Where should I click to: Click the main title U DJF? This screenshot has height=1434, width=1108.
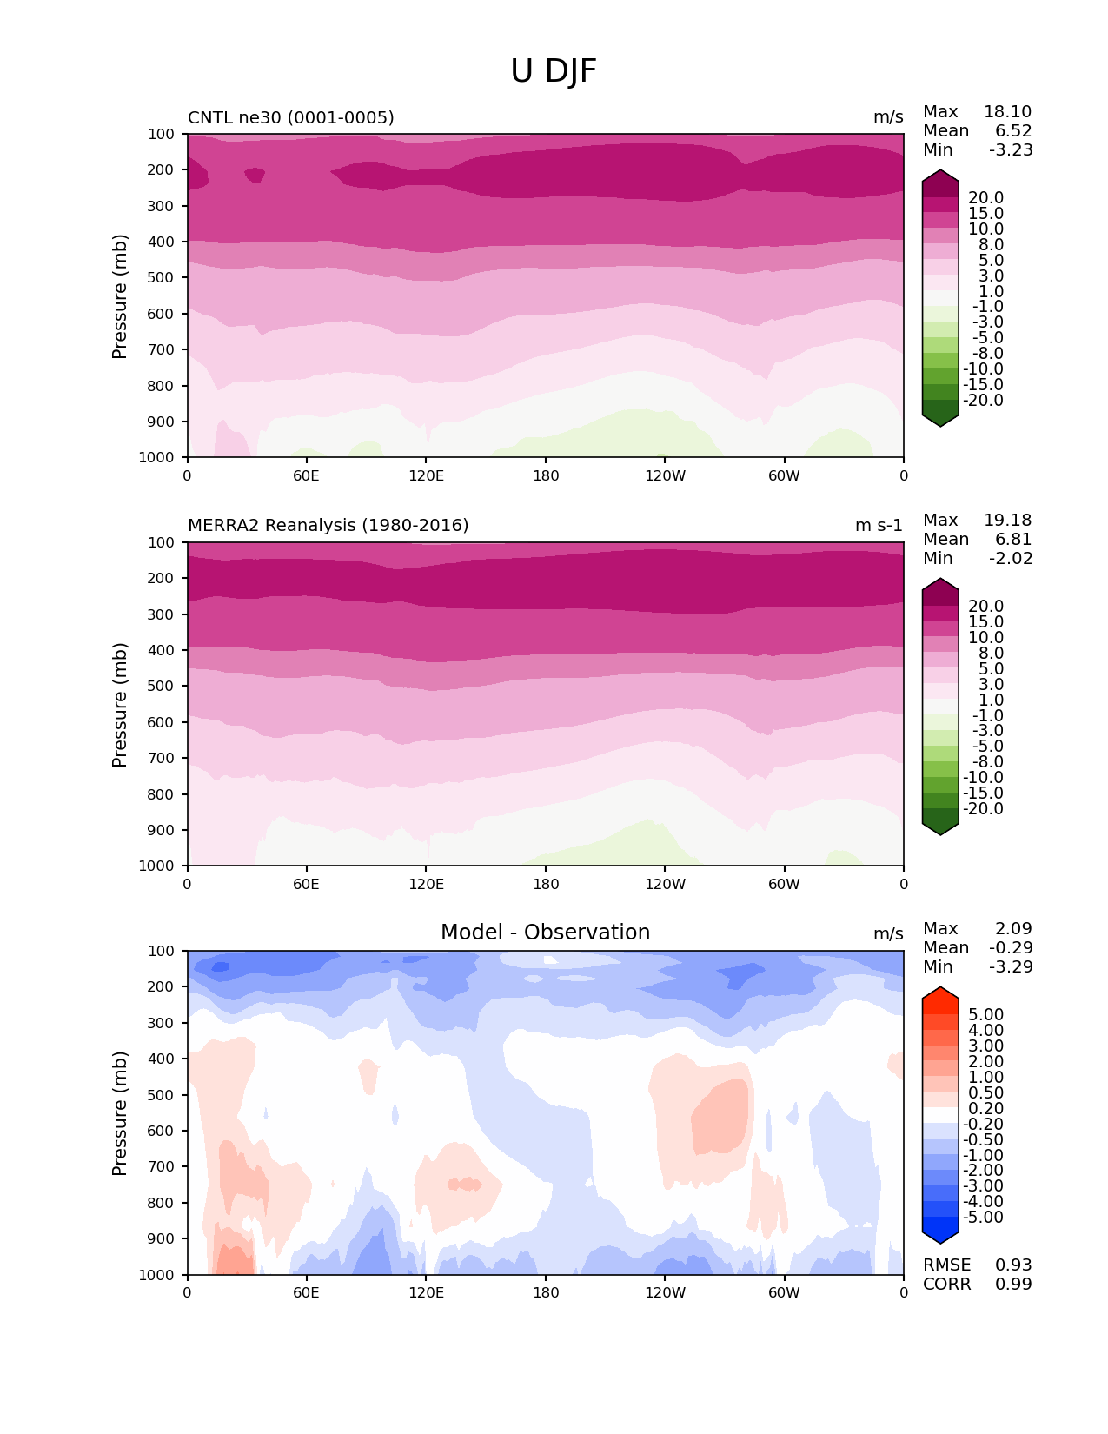[x=554, y=71]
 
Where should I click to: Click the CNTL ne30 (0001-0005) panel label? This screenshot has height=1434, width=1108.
[x=290, y=117]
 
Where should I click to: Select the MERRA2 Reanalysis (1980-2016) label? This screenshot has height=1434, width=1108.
[x=328, y=525]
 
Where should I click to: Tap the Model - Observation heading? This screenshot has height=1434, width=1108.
[x=545, y=933]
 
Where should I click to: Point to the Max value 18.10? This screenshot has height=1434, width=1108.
[x=1007, y=112]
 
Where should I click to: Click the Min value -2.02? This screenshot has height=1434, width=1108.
[x=1011, y=559]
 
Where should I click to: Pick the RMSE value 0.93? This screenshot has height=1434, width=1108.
[x=1013, y=1265]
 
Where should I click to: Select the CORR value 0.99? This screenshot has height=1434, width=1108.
[x=1013, y=1285]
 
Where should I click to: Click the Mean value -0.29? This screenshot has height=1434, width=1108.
[x=1011, y=948]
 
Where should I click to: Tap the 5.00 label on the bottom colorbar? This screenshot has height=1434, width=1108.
[x=985, y=1015]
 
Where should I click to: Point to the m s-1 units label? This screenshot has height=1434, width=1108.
[x=879, y=525]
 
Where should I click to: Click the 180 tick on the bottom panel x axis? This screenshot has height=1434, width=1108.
[x=546, y=1292]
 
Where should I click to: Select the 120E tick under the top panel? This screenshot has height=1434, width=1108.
[x=426, y=475]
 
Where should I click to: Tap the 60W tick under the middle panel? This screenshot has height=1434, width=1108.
[x=784, y=884]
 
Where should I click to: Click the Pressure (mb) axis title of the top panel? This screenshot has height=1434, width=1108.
[x=120, y=295]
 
